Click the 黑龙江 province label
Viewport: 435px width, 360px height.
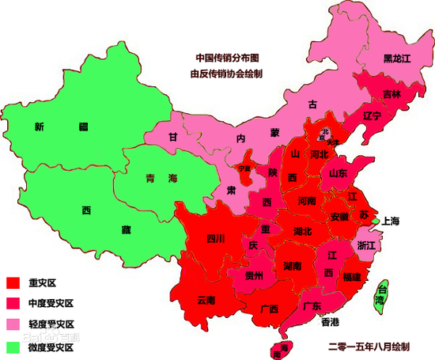397,58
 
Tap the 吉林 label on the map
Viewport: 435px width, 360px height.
391,93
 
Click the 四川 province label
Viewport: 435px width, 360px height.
216,238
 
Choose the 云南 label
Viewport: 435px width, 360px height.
206,300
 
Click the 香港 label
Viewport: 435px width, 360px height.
329,322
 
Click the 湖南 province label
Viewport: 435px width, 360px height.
291,267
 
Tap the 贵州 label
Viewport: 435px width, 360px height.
254,276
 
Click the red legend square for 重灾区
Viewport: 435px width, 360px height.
13,282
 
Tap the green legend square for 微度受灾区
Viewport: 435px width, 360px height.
13,347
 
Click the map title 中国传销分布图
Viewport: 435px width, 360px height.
228,58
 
